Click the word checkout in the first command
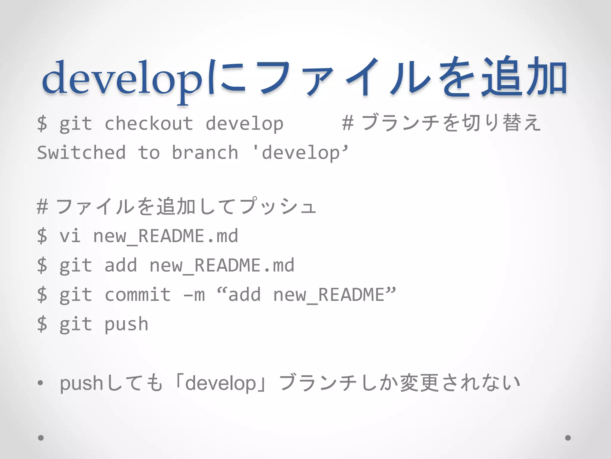point(149,124)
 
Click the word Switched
point(81,153)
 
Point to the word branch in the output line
point(205,153)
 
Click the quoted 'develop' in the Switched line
point(300,153)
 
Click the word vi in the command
point(70,236)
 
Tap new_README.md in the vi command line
point(165,236)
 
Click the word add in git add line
point(121,265)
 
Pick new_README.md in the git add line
point(221,265)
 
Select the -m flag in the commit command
point(194,295)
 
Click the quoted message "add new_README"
point(306,295)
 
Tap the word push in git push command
point(126,324)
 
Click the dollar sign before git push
point(42,324)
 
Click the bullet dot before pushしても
point(41,383)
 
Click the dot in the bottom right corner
point(568,438)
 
